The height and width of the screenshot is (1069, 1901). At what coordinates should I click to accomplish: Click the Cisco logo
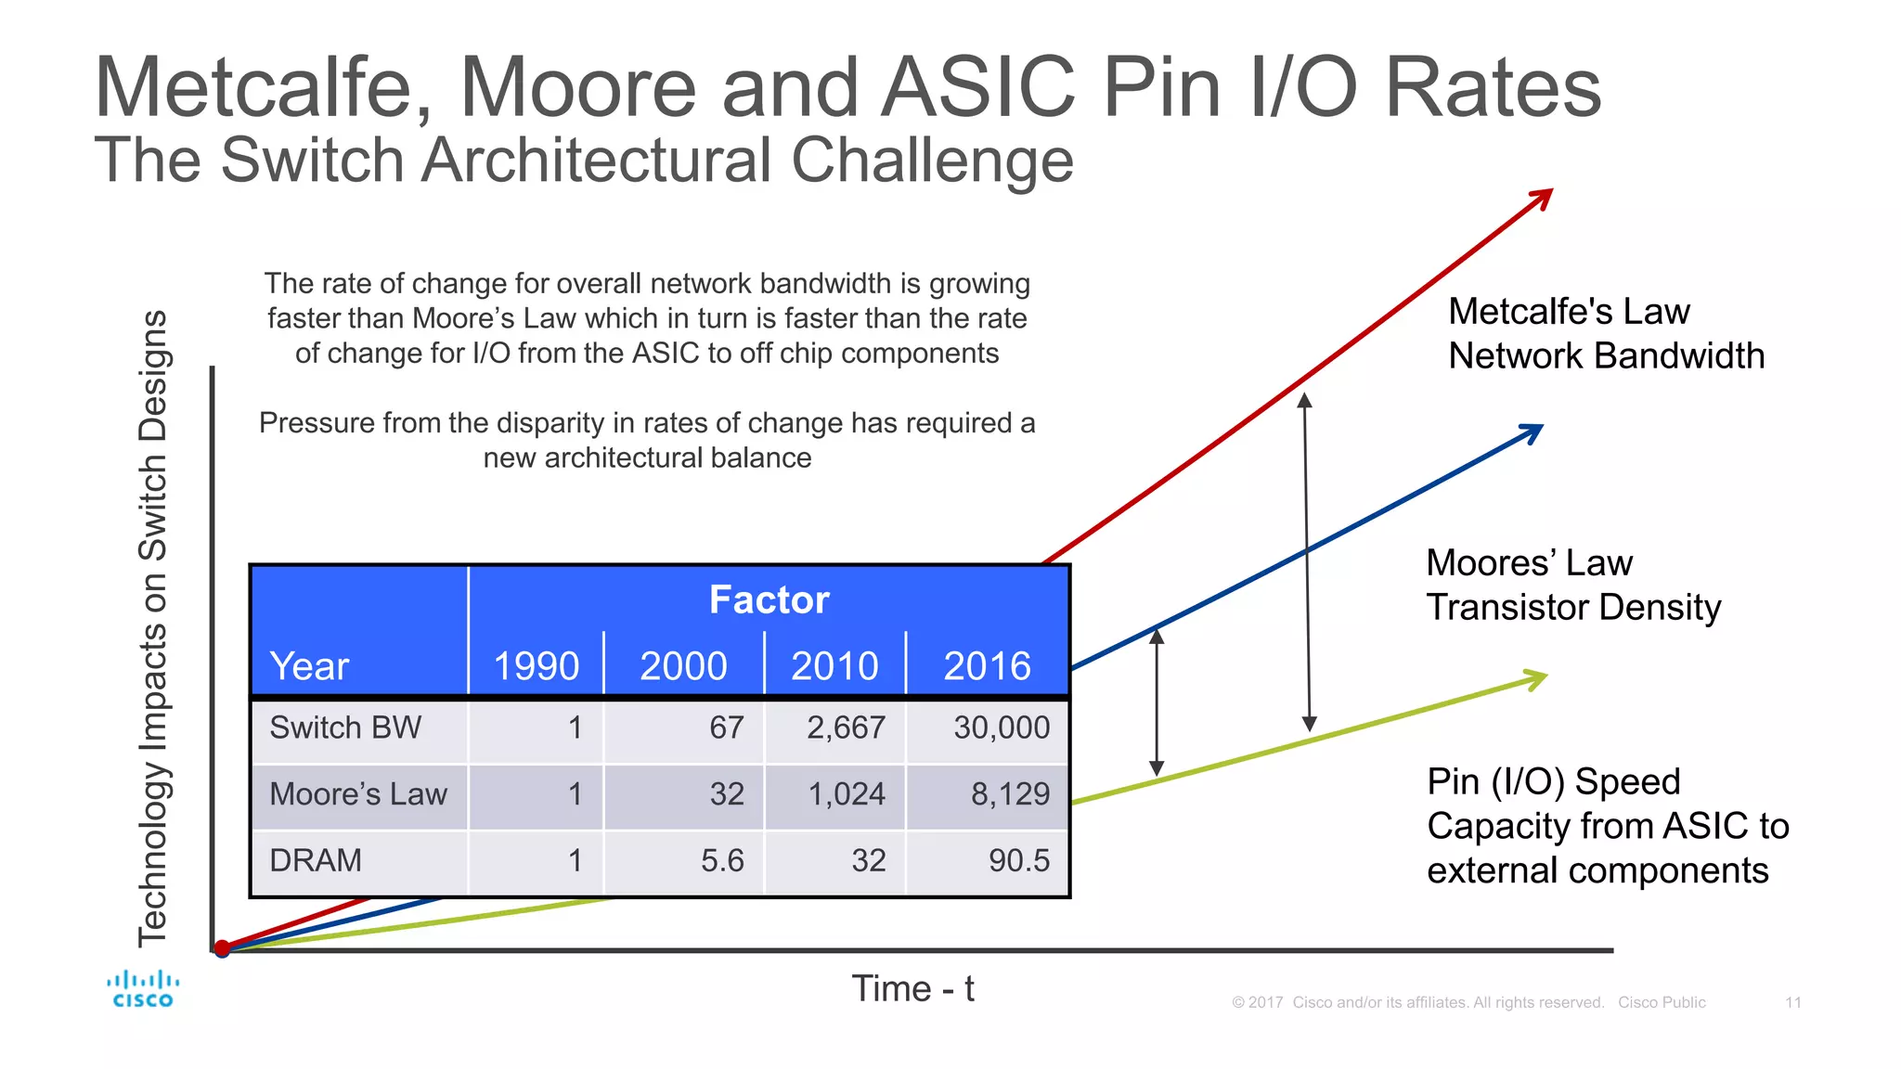click(142, 989)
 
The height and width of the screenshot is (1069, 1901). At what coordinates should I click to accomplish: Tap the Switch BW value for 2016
click(1001, 728)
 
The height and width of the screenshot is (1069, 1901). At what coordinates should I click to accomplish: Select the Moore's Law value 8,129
click(1010, 794)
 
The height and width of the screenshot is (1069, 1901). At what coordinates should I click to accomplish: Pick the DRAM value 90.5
click(1018, 860)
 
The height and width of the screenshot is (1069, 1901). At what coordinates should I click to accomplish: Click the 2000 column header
click(683, 666)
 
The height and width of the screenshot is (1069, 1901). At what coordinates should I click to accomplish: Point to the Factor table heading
click(769, 600)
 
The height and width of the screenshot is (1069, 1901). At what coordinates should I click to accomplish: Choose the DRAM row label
click(316, 860)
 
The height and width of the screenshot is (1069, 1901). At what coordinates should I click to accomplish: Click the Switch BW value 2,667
click(846, 728)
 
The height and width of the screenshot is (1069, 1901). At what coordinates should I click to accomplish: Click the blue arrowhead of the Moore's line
click(1532, 431)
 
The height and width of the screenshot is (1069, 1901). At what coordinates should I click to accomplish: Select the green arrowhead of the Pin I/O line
click(1537, 679)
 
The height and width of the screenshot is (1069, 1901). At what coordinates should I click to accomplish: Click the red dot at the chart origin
click(222, 948)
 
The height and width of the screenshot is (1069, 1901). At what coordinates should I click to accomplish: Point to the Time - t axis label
click(912, 989)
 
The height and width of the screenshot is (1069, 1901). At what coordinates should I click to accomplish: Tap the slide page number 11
click(1792, 1002)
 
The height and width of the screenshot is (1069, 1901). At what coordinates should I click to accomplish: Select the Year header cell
click(309, 666)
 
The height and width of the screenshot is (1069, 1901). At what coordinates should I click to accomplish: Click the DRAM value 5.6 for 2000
click(722, 860)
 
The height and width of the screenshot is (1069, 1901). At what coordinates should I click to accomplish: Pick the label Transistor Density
click(1573, 608)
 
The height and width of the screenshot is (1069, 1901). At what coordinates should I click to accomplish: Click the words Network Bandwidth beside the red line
click(1606, 356)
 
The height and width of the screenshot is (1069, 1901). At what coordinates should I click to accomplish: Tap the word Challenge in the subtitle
click(932, 161)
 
